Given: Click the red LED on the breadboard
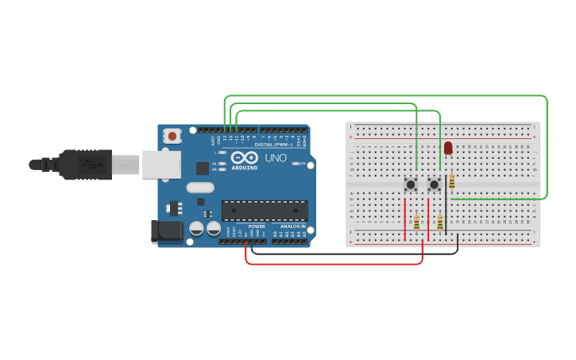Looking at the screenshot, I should click(x=448, y=147).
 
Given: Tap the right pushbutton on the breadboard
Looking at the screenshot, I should click(x=434, y=184).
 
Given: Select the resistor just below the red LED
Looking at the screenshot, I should click(x=452, y=183).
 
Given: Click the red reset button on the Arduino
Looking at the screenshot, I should click(x=172, y=136).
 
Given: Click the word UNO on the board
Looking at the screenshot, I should click(x=275, y=158).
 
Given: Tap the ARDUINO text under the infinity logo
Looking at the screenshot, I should click(x=245, y=168).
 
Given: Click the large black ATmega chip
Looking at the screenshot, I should click(x=264, y=211).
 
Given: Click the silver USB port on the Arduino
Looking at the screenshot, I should click(x=161, y=165).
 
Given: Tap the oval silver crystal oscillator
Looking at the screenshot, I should click(x=200, y=188).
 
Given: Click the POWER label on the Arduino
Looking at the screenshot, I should click(x=257, y=226).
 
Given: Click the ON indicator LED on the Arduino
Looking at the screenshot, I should click(x=299, y=164).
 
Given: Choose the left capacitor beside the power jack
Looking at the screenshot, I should click(x=196, y=229).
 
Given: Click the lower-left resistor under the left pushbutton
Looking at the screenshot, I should click(x=416, y=223).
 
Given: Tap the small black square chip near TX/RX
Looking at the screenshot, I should click(x=203, y=168).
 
